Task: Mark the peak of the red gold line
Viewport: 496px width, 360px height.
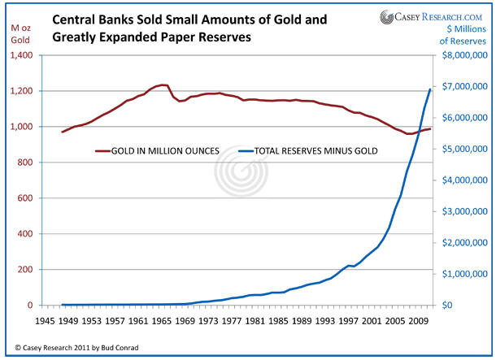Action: pos(163,85)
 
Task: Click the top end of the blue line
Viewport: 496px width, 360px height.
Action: pos(430,89)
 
